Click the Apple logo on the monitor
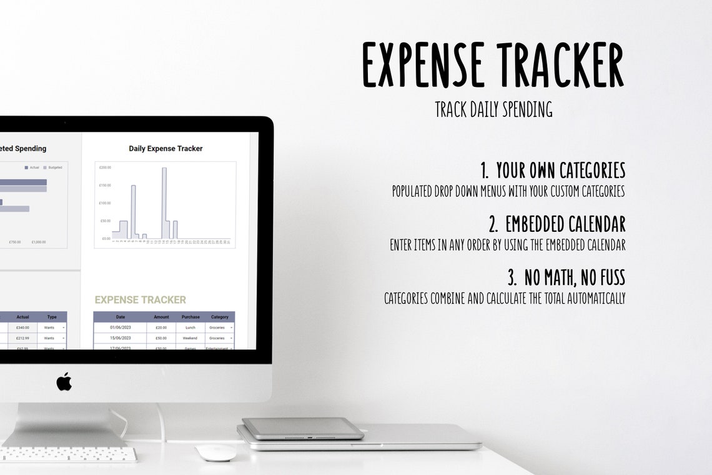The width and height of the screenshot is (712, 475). click(x=64, y=381)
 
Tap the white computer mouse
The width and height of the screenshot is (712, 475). click(x=215, y=452)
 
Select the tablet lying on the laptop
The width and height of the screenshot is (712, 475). click(x=303, y=428)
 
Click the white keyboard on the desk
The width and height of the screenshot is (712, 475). click(x=69, y=454)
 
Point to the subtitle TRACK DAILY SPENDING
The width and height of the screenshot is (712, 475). click(x=493, y=109)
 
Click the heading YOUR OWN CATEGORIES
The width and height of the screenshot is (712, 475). click(x=560, y=170)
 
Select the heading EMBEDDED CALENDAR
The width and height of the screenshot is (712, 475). click(x=565, y=224)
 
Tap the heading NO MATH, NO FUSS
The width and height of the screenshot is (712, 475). click(x=574, y=277)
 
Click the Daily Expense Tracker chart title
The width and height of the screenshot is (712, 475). click(x=166, y=149)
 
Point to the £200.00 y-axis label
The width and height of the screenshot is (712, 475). click(x=104, y=167)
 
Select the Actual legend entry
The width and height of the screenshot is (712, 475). click(x=32, y=167)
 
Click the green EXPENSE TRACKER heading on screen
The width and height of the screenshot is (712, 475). click(x=140, y=300)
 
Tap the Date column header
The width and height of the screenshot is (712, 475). click(x=121, y=317)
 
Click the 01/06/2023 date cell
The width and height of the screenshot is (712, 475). click(x=121, y=327)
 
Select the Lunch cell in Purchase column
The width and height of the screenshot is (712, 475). click(x=190, y=327)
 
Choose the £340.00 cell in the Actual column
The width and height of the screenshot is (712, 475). click(x=22, y=327)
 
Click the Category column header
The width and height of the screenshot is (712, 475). click(x=220, y=317)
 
